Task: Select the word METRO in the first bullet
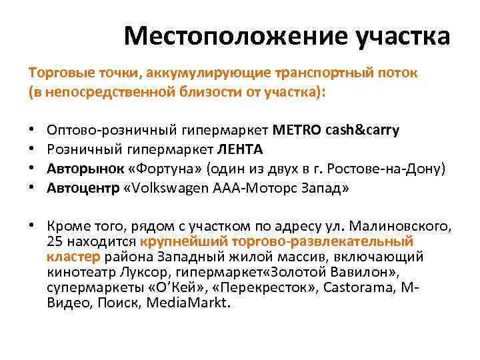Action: (297, 131)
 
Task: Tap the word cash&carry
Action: (363, 131)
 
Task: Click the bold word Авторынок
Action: (79, 169)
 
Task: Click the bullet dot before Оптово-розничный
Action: (32, 131)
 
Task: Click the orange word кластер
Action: (73, 256)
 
